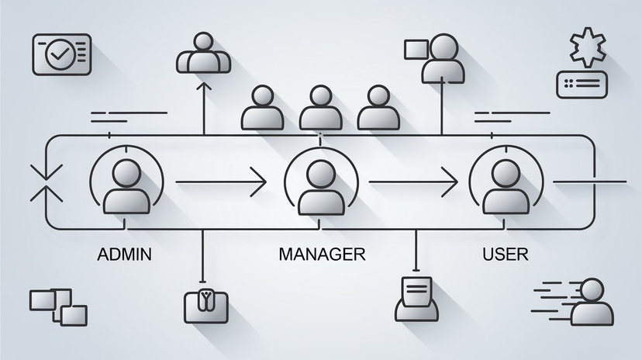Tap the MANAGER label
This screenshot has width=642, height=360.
point(320,254)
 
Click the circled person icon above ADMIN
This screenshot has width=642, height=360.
point(126,185)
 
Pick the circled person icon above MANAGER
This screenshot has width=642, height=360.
point(321,185)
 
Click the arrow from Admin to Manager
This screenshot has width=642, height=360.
point(221,182)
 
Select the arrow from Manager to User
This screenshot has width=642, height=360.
point(412,182)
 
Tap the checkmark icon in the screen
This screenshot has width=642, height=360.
point(60,53)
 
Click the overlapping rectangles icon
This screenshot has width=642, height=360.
point(58,306)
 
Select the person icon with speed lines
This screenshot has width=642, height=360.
point(589,301)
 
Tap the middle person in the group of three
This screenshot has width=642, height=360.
point(319,108)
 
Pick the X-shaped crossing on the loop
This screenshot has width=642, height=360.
point(40,183)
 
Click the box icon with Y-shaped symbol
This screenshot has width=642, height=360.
point(204,305)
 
